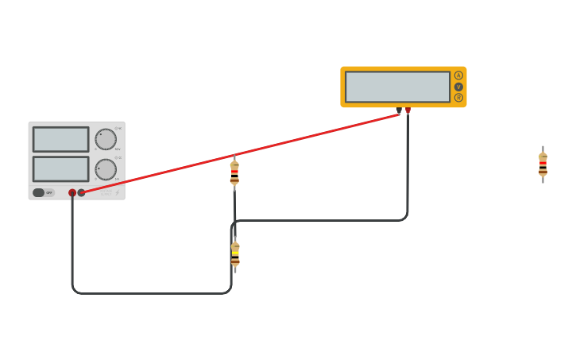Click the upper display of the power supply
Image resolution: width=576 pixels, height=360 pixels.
tap(60, 139)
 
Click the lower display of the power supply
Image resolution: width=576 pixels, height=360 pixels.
tap(60, 168)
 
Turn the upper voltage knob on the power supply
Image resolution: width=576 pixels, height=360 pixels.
tap(106, 139)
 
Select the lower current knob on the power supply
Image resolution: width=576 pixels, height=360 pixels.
tap(106, 169)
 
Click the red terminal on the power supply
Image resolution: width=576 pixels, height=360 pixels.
tap(72, 192)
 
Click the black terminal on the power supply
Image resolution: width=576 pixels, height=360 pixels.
tap(81, 192)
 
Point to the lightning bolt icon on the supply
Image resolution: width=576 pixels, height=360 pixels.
tap(118, 192)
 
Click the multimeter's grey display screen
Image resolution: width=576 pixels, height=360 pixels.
tap(397, 87)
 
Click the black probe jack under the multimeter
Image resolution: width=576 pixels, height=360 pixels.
tap(399, 110)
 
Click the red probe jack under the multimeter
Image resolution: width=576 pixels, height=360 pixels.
tap(408, 110)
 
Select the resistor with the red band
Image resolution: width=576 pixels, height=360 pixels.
tap(234, 172)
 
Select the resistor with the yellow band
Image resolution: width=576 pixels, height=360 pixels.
tap(235, 255)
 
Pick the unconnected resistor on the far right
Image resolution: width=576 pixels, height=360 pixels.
tap(543, 165)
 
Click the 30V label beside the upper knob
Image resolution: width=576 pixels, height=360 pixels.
tap(118, 149)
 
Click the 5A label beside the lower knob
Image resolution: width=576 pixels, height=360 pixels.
tap(118, 179)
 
